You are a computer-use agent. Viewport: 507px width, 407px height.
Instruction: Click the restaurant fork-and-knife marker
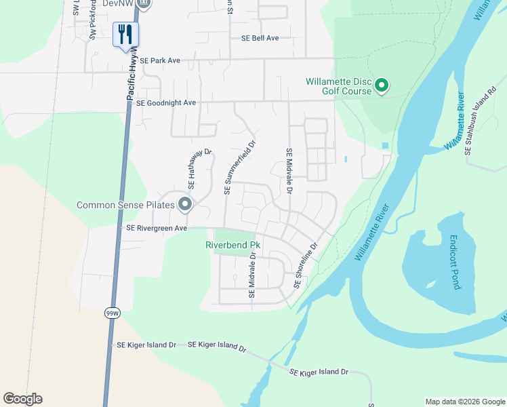(x=125, y=35)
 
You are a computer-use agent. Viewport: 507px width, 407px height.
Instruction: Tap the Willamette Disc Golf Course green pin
(x=382, y=85)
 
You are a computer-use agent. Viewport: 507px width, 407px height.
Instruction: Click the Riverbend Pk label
(x=233, y=245)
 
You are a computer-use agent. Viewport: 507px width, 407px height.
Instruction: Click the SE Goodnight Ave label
(x=166, y=103)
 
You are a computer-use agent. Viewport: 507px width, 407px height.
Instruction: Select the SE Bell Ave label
(x=260, y=39)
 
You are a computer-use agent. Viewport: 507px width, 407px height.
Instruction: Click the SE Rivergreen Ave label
(x=157, y=229)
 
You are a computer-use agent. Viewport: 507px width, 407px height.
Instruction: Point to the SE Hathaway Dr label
(x=190, y=170)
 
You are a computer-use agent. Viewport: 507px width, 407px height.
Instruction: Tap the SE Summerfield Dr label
(x=241, y=167)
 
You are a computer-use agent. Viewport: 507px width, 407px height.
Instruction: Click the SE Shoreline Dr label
(x=306, y=267)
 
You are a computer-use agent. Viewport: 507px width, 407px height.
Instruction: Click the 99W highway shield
(x=112, y=313)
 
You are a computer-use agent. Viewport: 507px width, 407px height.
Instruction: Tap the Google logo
(x=22, y=399)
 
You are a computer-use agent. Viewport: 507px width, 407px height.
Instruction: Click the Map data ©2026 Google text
(x=464, y=402)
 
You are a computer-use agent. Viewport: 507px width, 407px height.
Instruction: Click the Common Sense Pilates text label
(x=126, y=205)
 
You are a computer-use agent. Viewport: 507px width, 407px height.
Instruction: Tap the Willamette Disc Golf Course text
(x=339, y=86)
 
